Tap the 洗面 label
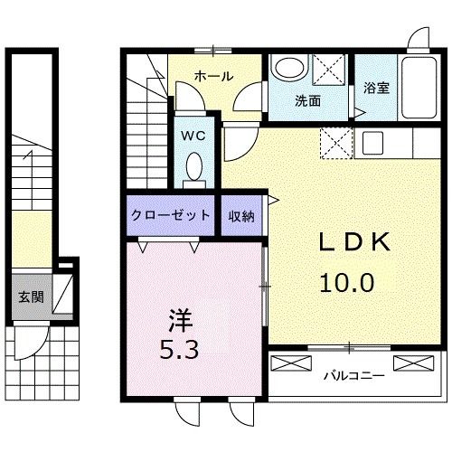coord(307,101)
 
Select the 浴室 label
coord(377,89)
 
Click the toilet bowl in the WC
coord(193,168)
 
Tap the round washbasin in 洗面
coord(289,71)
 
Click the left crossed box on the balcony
coord(290,364)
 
